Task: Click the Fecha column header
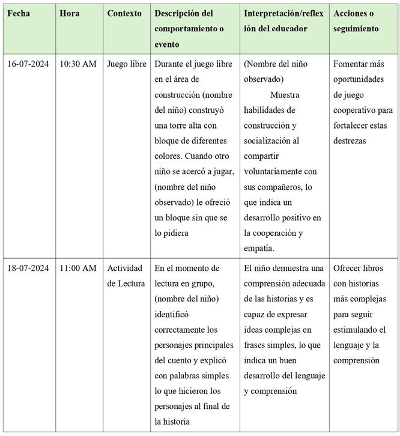(19, 13)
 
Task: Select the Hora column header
(70, 13)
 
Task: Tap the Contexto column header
(124, 13)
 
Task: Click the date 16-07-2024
(29, 64)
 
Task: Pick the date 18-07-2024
(29, 267)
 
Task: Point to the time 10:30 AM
(77, 64)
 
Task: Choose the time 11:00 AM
(77, 267)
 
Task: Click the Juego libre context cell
(126, 64)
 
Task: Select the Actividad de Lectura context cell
(126, 275)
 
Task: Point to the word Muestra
(285, 95)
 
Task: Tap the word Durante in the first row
(171, 64)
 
